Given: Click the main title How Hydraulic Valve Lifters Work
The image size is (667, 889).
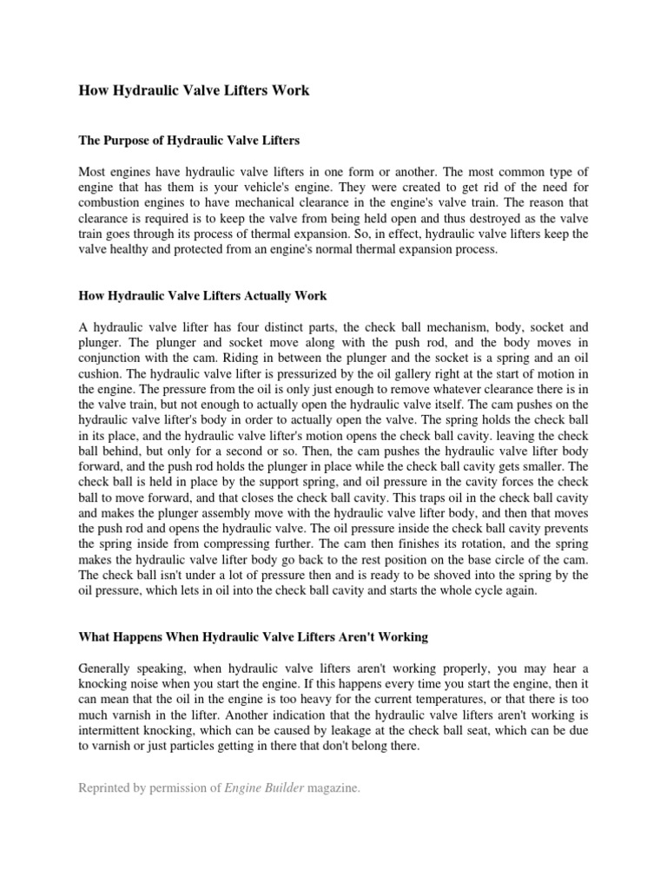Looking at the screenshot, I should click(195, 90).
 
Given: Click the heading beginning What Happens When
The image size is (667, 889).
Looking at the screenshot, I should click(254, 637).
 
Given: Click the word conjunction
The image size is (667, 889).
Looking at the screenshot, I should click(114, 359).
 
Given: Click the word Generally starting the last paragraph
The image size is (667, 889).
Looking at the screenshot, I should click(109, 668).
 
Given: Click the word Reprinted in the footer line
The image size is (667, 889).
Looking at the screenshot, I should click(108, 788).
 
